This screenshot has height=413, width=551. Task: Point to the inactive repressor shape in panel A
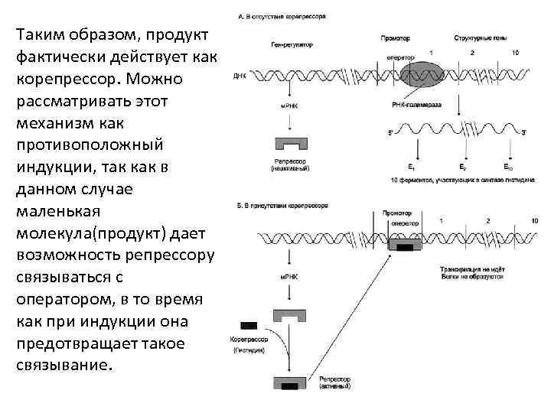290,145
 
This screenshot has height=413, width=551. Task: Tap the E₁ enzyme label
412,167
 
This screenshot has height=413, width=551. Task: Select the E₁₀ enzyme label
509,167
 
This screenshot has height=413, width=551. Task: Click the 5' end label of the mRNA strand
391,132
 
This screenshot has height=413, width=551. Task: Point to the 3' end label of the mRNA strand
523,132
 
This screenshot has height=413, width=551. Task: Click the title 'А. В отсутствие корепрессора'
284,15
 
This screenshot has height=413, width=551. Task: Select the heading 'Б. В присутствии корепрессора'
284,206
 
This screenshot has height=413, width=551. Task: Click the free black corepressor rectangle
249,325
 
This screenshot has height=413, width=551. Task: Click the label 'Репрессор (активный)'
335,384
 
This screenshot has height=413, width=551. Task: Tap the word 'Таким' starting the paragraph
42,35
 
